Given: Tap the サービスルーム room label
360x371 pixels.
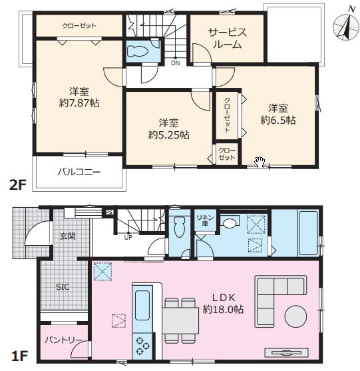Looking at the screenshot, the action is pos(228,39).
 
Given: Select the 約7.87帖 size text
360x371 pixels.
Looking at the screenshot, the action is pos(79,103).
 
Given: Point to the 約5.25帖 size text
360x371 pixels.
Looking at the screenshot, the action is pos(168,135).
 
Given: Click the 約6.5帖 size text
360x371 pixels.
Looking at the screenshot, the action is pos(278,120).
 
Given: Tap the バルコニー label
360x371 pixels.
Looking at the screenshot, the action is pos(79,172).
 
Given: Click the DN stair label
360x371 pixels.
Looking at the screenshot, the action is pos(175,63).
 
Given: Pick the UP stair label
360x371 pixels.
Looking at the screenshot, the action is pos(128,237).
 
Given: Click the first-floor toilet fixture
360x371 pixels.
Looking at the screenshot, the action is pos(180,227).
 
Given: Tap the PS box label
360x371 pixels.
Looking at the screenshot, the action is pos(109,212).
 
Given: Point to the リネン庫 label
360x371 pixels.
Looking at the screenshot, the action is pos(205,220).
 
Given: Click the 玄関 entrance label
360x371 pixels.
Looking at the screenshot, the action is pos(68,236).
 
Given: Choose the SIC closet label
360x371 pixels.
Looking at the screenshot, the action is pos(63,287).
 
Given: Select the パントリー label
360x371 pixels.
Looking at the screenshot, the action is pos(63,340).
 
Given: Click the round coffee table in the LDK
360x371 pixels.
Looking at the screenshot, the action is pos(295,316).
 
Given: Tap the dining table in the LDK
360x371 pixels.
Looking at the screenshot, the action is pos(180,321).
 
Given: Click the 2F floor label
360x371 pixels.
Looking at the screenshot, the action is pos(17,185).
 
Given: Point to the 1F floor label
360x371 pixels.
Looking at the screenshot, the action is pos(19,356).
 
